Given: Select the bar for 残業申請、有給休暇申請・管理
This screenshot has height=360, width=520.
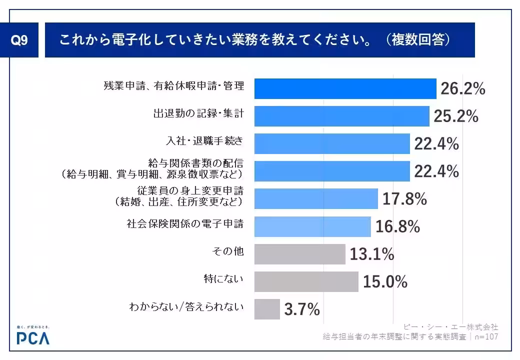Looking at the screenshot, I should (345, 88).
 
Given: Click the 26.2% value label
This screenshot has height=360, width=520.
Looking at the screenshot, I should (462, 89).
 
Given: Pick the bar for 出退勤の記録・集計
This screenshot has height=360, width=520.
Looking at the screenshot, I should (341, 116).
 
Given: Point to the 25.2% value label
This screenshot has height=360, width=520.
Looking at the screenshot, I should (455, 116).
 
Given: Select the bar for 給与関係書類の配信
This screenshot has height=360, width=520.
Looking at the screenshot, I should (332, 171).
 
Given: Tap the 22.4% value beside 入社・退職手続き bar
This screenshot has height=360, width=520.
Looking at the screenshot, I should (436, 144).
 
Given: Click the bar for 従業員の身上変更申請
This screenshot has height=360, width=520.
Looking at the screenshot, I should (315, 198).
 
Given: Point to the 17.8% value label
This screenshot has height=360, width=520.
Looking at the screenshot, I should (404, 199).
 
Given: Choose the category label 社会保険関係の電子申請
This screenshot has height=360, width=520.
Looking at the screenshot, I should (185, 223).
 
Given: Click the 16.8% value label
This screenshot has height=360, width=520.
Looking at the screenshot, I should (397, 227).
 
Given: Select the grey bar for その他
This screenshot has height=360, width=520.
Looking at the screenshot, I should (299, 254).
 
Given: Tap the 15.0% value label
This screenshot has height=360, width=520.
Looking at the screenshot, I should (384, 282).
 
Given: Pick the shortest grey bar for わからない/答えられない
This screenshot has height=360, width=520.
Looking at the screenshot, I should (267, 309).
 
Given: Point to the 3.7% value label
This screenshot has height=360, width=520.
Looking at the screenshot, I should (301, 310).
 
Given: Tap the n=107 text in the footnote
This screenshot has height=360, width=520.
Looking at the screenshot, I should (485, 336).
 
